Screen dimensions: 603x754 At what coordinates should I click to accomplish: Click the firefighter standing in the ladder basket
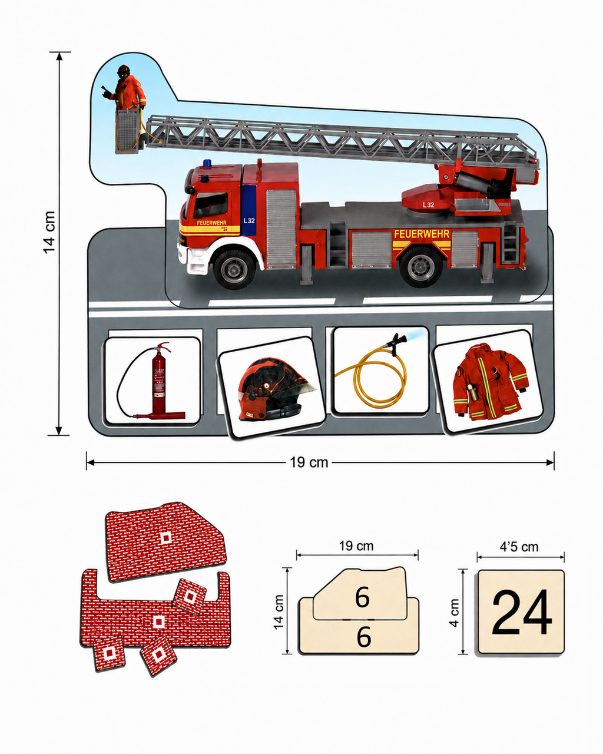click(x=125, y=88)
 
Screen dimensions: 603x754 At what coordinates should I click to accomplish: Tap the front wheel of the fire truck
click(x=234, y=268)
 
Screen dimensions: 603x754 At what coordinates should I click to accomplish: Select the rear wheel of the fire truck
click(x=421, y=267)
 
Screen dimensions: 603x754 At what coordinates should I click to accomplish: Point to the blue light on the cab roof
click(x=207, y=163)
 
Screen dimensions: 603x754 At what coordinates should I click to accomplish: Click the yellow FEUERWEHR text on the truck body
click(x=422, y=234)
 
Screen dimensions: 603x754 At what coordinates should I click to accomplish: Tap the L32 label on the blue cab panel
click(x=249, y=221)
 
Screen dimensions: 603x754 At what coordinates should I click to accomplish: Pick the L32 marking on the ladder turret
click(x=428, y=205)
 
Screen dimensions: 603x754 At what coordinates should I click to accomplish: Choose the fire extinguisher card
click(x=153, y=381)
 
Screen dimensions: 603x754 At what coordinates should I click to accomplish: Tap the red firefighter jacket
click(x=489, y=382)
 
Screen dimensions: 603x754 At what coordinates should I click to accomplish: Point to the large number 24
click(x=522, y=612)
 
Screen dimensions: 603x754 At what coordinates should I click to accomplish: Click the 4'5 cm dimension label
click(x=519, y=547)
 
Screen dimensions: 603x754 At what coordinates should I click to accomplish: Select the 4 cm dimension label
click(x=455, y=613)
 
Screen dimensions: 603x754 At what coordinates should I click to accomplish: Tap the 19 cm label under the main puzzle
click(x=309, y=462)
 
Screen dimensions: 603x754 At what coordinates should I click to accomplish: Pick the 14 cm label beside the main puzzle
click(x=49, y=232)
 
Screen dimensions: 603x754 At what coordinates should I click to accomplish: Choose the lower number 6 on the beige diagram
click(x=364, y=637)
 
